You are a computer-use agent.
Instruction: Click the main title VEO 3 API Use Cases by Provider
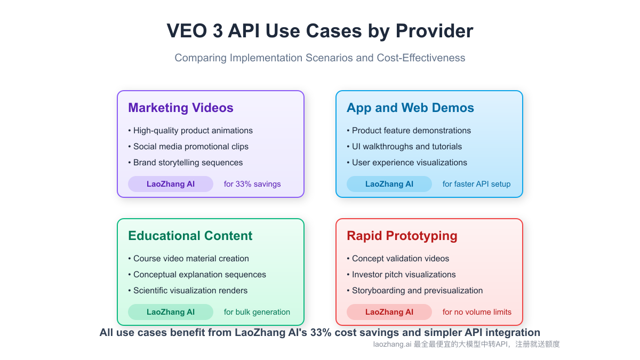point(320,31)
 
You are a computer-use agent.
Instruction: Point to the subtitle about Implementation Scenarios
point(320,58)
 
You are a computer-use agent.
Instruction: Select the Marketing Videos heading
point(181,108)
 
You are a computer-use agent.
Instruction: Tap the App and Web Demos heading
point(410,108)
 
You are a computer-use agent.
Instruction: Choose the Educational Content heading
point(190,236)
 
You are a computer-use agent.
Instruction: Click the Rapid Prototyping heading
point(402,236)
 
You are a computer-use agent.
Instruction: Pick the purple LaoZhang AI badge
point(171,184)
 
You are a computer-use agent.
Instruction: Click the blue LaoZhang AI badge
point(389,184)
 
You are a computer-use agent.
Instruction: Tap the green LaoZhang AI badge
point(171,312)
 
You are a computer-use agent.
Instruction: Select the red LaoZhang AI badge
point(389,312)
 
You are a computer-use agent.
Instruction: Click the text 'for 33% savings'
point(252,184)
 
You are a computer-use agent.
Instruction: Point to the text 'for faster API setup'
point(476,184)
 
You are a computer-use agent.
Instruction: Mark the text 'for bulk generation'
point(257,312)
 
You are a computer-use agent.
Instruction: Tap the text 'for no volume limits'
point(477,312)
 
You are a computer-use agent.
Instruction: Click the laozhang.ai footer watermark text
point(467,345)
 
